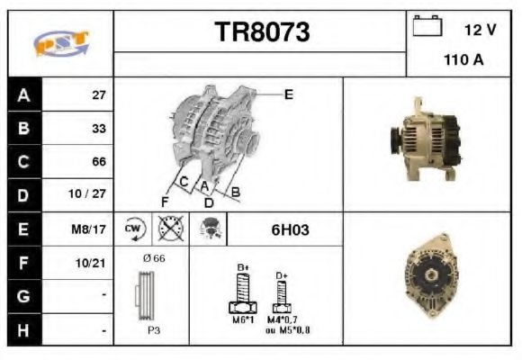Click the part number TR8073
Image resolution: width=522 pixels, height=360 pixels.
coord(262,32)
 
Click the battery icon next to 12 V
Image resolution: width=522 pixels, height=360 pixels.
coord(426,27)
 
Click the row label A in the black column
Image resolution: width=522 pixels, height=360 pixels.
coord(23,94)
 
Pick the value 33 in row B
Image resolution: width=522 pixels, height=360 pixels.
coord(98,128)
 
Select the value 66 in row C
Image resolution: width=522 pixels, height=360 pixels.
coord(98,162)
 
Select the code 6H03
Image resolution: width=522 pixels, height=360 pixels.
coord(290,229)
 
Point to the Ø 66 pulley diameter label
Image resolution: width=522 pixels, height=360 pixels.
coord(154,258)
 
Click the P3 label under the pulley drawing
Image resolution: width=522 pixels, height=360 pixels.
coord(154,330)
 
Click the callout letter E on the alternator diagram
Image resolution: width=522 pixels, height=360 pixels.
coord(288,93)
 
